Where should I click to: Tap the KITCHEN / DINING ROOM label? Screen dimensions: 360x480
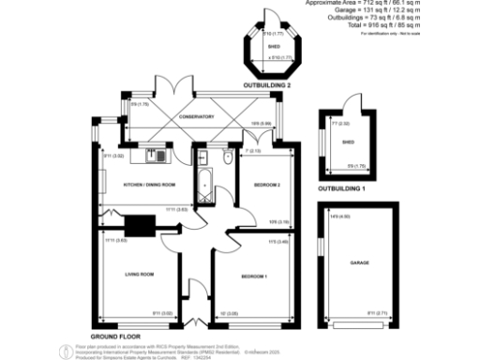pos(150,185)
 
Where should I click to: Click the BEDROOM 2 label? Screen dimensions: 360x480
pos(267,185)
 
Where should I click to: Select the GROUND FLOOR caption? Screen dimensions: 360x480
pos(115,335)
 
